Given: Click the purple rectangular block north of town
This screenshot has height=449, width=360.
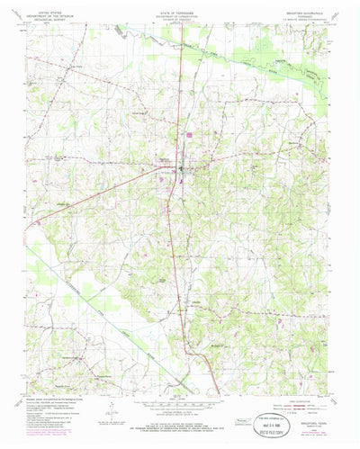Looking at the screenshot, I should pos(191,136).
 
